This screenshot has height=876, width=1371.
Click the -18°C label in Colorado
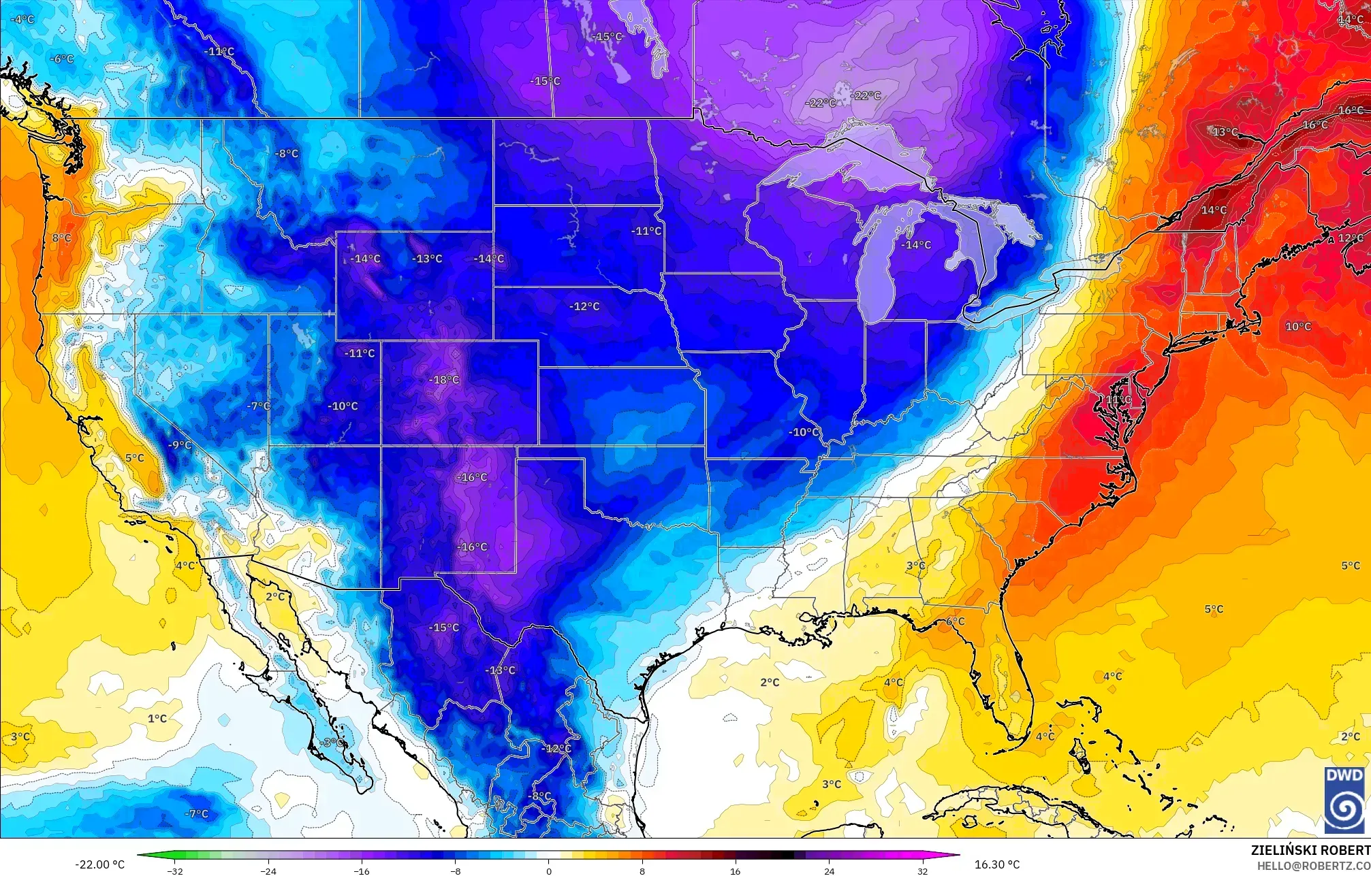(445, 380)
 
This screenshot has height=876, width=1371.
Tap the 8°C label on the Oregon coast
(61, 238)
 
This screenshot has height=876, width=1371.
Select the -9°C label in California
(180, 445)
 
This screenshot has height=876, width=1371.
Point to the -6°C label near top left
(61, 59)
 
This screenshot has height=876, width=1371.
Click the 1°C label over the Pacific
(157, 718)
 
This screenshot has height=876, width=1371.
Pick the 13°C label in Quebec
(1225, 131)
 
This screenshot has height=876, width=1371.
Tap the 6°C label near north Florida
(955, 621)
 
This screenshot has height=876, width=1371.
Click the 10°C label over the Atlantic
(1297, 327)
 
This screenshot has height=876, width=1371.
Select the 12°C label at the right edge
(1351, 238)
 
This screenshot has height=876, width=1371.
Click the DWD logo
(1344, 800)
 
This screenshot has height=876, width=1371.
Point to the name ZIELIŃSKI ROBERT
(1310, 850)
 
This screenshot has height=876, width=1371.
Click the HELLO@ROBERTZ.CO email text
(1313, 866)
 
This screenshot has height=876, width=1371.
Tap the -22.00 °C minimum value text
(99, 864)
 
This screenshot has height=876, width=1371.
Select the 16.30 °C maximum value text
(997, 864)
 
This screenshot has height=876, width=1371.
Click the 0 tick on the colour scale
(549, 871)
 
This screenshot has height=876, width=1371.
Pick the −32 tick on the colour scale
(175, 871)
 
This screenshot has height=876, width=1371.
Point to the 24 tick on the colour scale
(829, 871)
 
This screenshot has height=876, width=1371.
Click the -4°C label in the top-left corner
(22, 19)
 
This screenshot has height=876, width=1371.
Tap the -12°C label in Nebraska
(584, 306)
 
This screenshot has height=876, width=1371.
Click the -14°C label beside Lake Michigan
(915, 244)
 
